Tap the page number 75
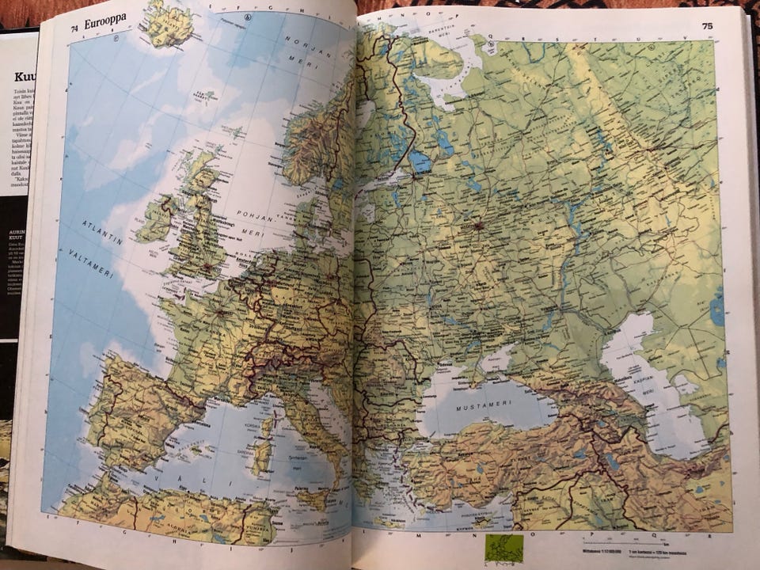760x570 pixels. pyautogui.click(x=707, y=26)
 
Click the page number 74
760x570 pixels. pyautogui.click(x=74, y=28)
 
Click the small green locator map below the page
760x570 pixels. pyautogui.click(x=504, y=548)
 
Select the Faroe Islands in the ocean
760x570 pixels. pyautogui.click(x=205, y=97)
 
